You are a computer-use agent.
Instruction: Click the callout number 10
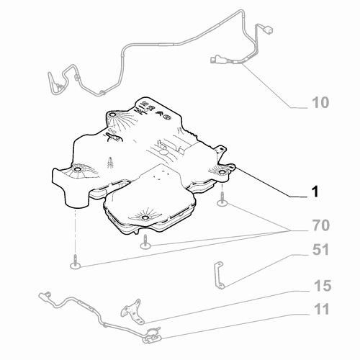click(x=320, y=102)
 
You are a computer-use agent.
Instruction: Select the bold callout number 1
click(x=315, y=192)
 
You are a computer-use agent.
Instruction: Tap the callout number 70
click(x=321, y=225)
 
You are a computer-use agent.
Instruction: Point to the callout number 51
click(x=320, y=250)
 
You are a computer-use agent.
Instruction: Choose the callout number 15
click(x=323, y=286)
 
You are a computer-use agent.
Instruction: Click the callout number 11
click(x=321, y=309)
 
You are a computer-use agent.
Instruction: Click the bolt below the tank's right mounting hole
click(x=222, y=200)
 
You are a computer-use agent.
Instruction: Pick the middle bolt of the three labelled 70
click(x=145, y=242)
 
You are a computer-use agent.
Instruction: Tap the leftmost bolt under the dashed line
click(x=76, y=262)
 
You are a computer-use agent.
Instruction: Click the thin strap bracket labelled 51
click(x=219, y=275)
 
